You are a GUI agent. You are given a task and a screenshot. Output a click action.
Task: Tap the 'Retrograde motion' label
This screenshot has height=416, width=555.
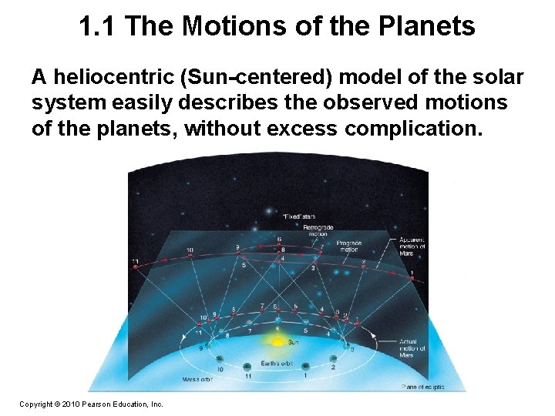(318, 231)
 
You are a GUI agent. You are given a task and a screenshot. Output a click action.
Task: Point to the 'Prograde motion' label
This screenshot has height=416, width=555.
(348, 247)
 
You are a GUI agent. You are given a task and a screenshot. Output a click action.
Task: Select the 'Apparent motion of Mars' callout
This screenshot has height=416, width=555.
(412, 247)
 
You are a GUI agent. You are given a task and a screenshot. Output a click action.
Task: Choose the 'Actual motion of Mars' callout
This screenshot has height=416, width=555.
(409, 347)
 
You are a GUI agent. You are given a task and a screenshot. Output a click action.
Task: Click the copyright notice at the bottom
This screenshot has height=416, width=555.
(91, 403)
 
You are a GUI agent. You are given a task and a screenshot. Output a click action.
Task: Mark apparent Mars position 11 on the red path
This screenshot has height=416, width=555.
(136, 266)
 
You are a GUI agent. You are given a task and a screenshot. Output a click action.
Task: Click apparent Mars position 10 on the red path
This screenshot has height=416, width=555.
(190, 256)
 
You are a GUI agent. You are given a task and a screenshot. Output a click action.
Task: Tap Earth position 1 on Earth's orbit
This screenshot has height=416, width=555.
(304, 367)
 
